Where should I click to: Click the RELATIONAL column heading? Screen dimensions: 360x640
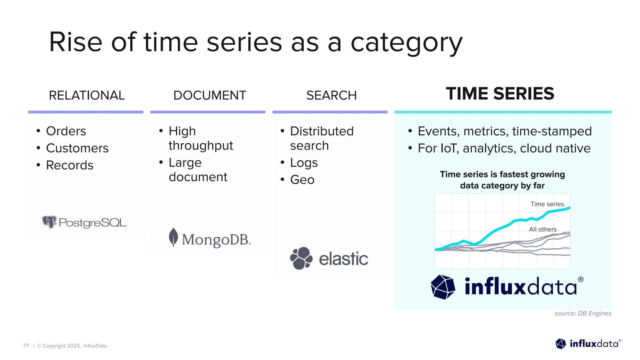click(87, 95)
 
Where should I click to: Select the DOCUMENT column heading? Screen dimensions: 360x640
click(209, 95)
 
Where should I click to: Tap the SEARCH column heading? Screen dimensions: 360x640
click(331, 95)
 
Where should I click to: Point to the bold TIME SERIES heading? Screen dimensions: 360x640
click(500, 94)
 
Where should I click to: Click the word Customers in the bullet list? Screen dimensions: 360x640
click(77, 148)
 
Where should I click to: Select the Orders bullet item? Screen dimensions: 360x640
click(66, 131)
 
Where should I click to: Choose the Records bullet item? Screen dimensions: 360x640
click(70, 165)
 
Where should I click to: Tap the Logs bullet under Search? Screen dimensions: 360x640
click(304, 163)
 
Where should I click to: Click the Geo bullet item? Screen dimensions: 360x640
click(302, 180)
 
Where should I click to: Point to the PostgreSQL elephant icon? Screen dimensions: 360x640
click(49, 222)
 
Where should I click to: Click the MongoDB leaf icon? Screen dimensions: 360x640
click(173, 237)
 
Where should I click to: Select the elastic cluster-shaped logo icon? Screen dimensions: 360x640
click(301, 258)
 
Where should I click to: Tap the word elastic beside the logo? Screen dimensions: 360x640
click(343, 259)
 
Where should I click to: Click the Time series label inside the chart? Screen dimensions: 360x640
click(547, 204)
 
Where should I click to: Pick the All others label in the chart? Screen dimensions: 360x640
click(542, 229)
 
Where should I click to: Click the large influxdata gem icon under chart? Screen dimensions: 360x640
click(443, 287)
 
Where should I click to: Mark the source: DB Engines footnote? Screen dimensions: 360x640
click(583, 313)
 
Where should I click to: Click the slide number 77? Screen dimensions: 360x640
click(26, 346)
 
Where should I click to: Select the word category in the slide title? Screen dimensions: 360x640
click(406, 43)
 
